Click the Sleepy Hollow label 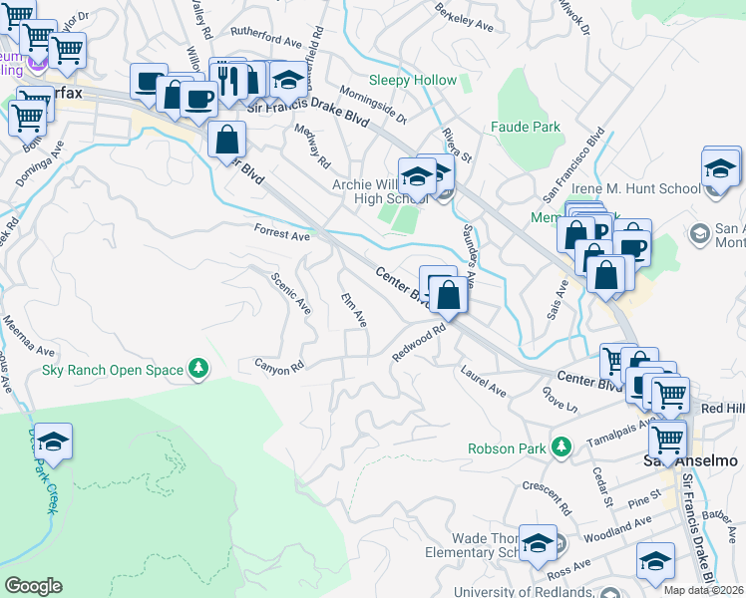click(412, 81)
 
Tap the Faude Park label click(526, 128)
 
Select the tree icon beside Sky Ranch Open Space click(199, 370)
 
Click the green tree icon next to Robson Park click(562, 448)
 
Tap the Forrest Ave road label click(282, 235)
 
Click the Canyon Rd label click(278, 368)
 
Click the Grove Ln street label click(560, 398)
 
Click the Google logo click(33, 586)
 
